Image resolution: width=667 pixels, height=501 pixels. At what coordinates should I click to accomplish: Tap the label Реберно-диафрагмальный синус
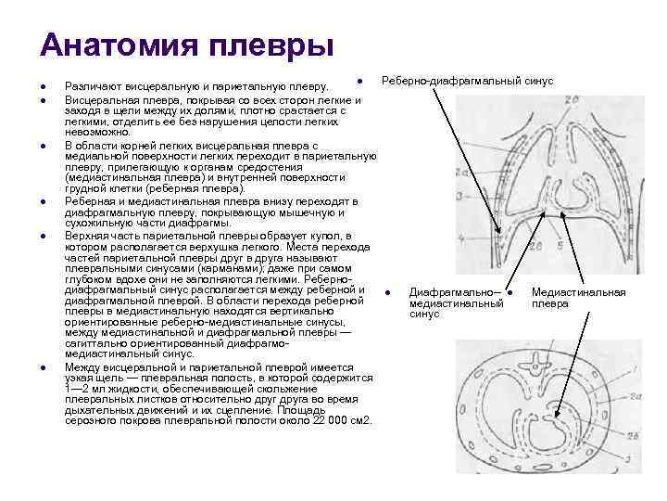pos(467,81)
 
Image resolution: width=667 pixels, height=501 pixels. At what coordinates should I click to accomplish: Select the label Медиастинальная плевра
pos(578,298)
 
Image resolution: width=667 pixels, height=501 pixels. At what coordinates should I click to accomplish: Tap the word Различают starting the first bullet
pos(89,86)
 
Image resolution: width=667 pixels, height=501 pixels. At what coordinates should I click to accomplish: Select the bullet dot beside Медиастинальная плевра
pos(510,293)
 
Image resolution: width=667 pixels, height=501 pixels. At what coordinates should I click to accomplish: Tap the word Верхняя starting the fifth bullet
pos(84,236)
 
